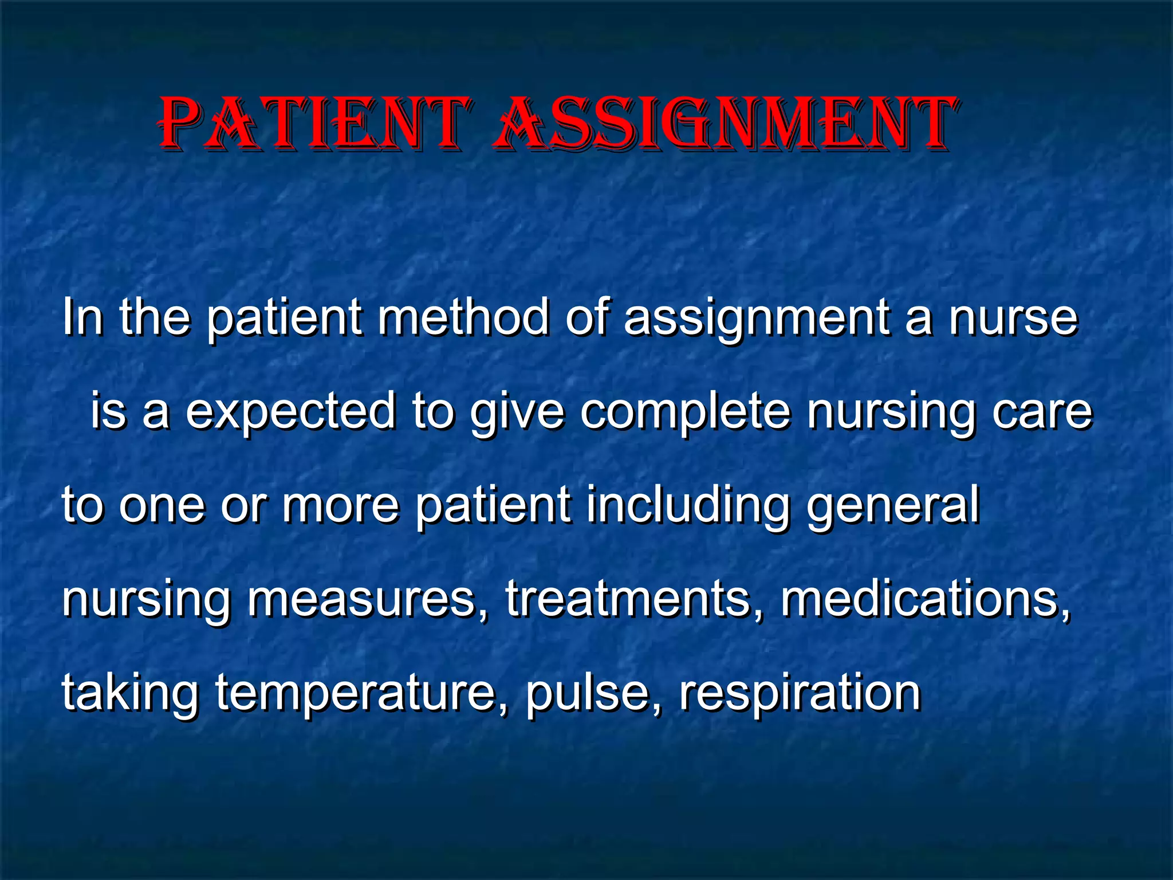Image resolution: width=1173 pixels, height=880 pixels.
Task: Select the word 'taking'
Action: (x=130, y=693)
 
